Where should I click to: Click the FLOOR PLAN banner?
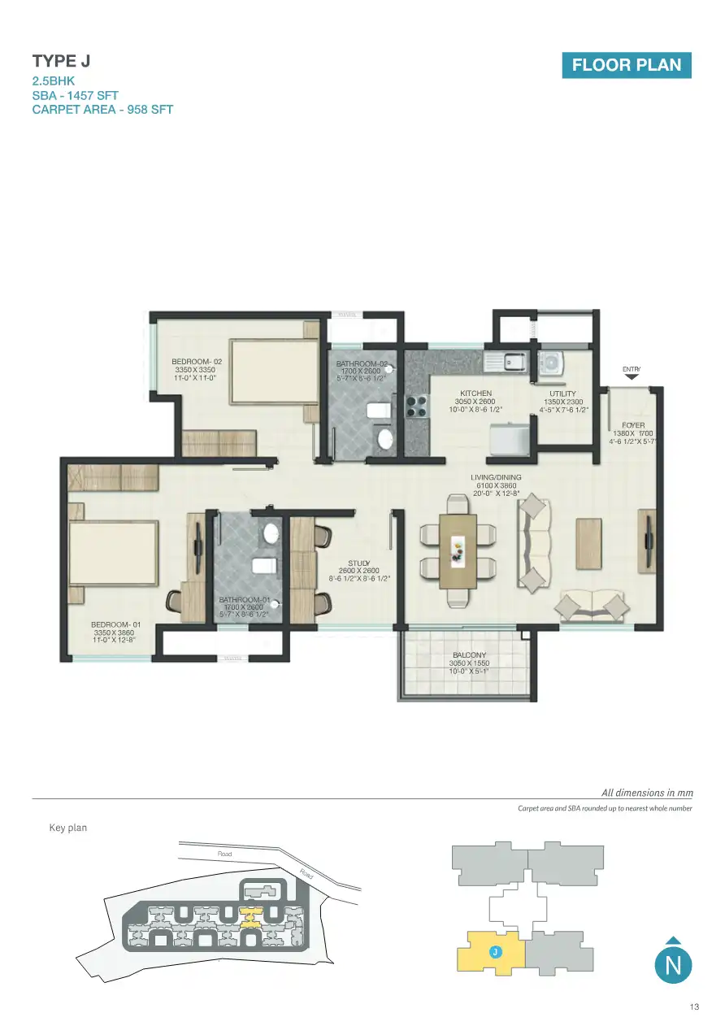626,65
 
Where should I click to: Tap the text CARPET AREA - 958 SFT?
102,109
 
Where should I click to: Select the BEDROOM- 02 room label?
197,362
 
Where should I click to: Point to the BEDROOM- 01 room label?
116,625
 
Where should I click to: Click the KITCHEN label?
475,393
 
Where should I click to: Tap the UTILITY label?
562,393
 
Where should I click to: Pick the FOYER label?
633,425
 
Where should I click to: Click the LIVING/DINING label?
496,478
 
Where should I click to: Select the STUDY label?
359,563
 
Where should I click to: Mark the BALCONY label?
469,654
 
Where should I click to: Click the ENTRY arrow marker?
632,376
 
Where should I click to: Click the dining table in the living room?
458,550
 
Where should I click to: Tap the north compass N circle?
673,965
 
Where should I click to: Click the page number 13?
693,1008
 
